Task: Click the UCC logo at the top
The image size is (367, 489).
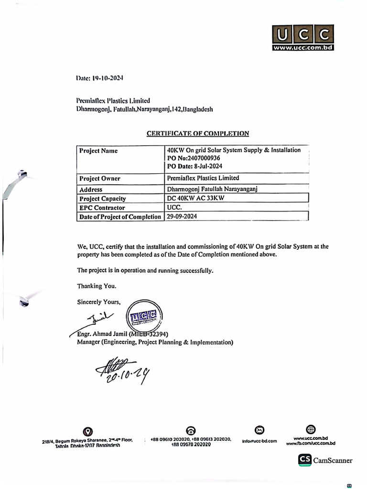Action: point(302,38)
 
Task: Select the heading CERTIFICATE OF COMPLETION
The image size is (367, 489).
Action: point(197,134)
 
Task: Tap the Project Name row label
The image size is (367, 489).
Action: point(98,151)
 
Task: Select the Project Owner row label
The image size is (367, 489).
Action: point(99,179)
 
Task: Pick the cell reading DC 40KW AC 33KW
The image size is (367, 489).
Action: point(196,198)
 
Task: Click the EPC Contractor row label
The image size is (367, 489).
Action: point(102,208)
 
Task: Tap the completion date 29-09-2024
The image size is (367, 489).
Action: point(182,216)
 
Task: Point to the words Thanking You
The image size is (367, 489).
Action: point(96,286)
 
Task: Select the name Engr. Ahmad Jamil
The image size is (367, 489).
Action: point(102,334)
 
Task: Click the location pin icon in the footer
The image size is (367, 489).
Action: point(88,432)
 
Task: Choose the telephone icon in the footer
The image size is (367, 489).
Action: point(190,431)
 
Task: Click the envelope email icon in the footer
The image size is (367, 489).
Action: point(259,430)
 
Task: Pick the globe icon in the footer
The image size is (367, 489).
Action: point(311,429)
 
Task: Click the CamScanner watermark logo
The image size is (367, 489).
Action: point(325,460)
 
